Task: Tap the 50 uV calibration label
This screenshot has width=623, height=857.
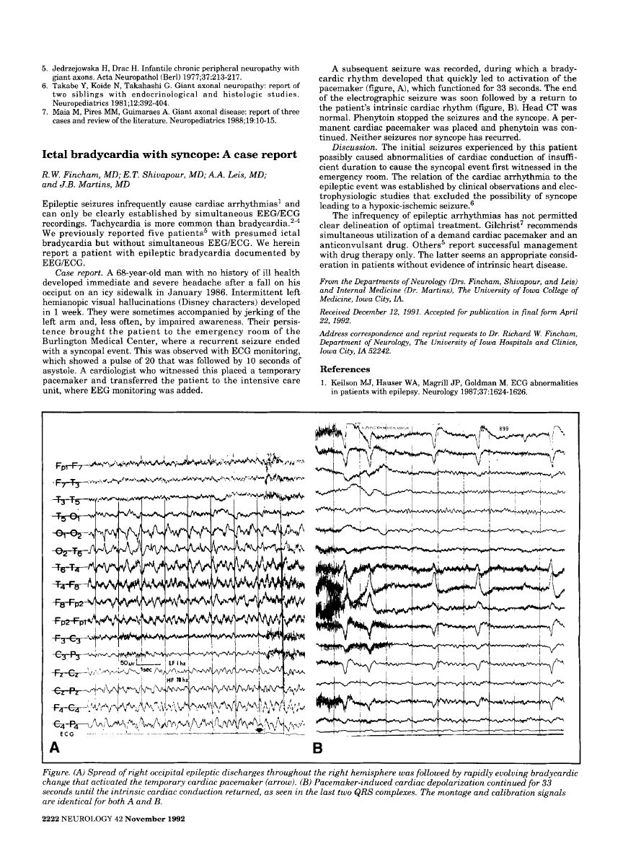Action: point(128,662)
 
